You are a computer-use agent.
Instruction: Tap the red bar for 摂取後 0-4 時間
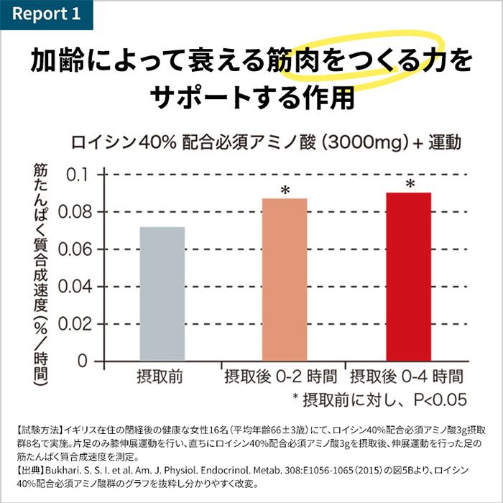pos(408,276)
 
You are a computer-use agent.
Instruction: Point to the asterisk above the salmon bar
pos(285,190)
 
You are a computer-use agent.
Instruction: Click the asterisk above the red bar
pos(410,185)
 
